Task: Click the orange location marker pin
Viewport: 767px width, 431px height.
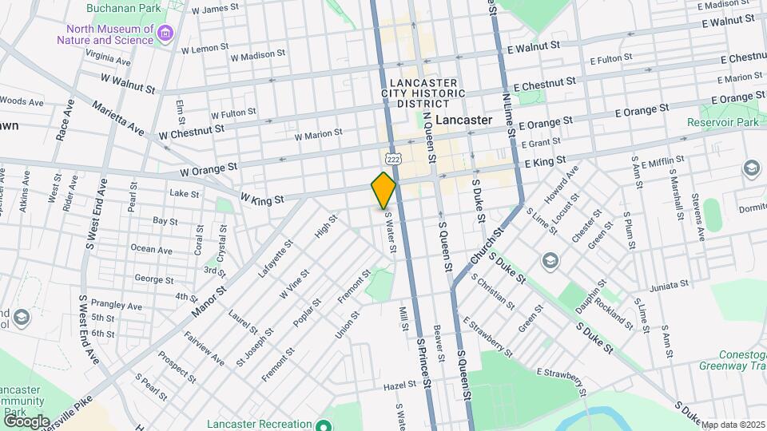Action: [x=383, y=190]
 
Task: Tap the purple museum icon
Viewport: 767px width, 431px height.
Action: [x=165, y=34]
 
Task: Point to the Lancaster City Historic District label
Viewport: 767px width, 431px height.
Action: [x=423, y=93]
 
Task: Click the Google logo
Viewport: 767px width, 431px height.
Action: [x=26, y=421]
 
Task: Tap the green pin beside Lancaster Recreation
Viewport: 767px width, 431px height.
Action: [x=323, y=425]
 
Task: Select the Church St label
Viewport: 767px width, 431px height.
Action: [x=487, y=247]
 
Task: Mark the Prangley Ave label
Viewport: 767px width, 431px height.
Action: [x=117, y=306]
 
